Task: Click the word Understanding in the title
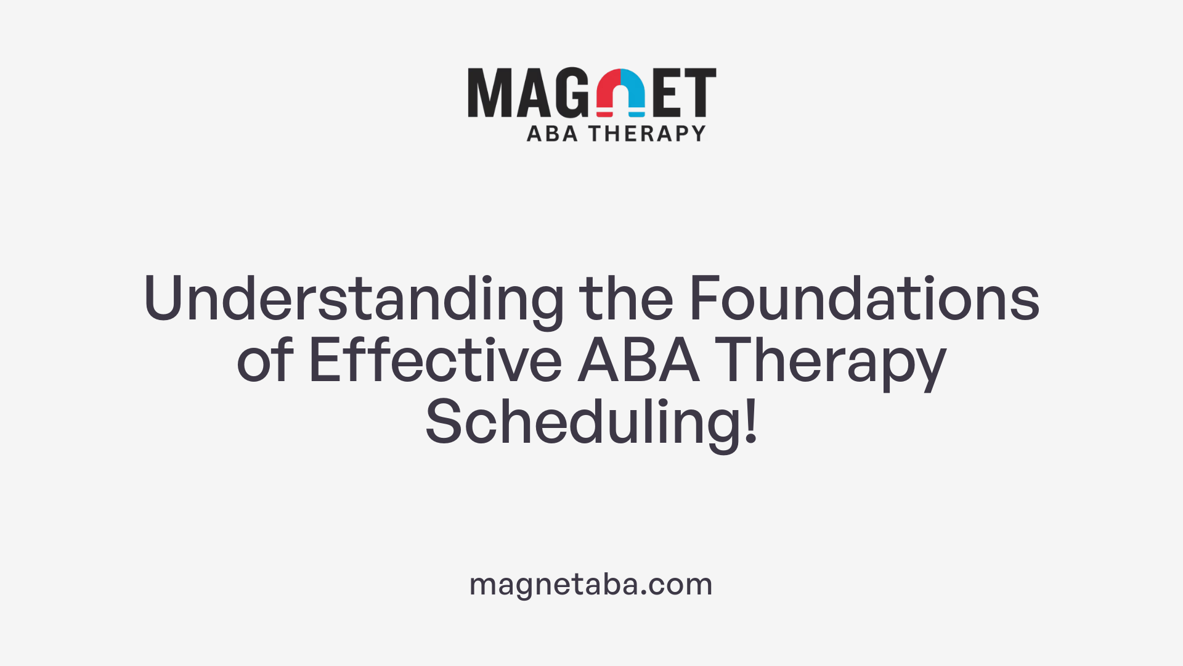(353, 300)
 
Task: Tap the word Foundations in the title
(864, 298)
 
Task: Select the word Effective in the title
(435, 361)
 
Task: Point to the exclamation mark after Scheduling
(750, 422)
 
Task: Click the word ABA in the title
(638, 361)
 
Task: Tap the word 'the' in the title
(626, 298)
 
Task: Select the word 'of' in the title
(265, 361)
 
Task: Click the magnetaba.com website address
(591, 584)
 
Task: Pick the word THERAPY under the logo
(647, 133)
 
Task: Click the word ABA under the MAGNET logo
(552, 133)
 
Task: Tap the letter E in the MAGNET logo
(667, 92)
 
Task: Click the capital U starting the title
(163, 298)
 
